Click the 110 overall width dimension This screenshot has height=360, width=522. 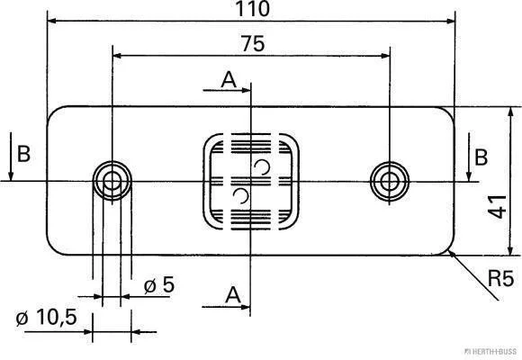click(252, 9)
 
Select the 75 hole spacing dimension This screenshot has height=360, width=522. click(253, 43)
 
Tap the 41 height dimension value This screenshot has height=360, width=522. click(498, 207)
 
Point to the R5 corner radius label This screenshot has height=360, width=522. click(500, 278)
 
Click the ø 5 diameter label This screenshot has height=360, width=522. click(159, 284)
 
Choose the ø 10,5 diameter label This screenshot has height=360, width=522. click(46, 317)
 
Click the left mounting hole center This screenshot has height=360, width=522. click(112, 182)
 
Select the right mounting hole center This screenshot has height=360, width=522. click(390, 182)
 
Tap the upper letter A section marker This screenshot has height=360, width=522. click(229, 79)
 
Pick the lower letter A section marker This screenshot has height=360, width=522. click(233, 294)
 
